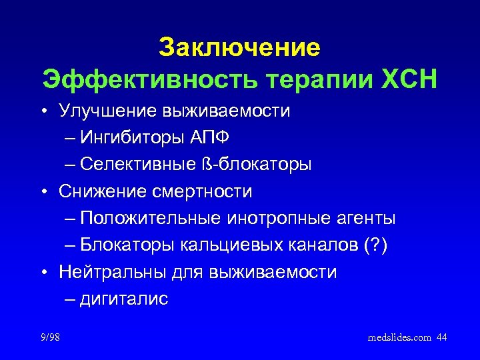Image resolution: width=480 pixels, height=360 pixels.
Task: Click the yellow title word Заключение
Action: point(239,48)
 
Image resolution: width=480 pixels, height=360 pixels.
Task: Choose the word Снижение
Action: point(99,192)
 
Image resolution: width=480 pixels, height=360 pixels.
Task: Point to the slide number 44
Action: point(441,338)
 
